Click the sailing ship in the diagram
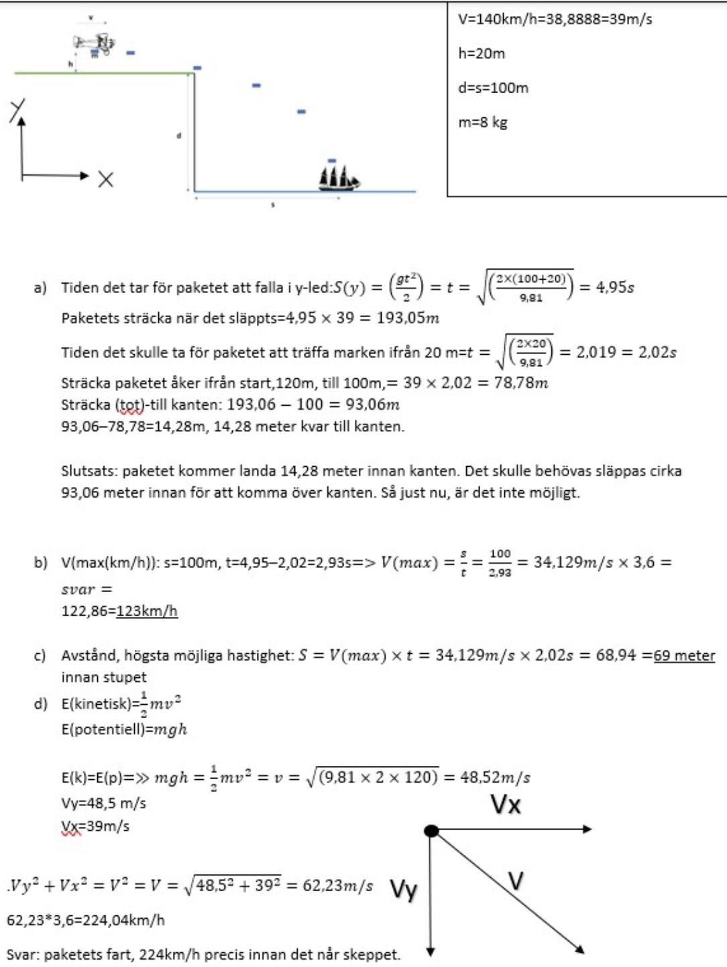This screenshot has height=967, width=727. pyautogui.click(x=339, y=178)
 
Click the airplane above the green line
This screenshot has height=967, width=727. pyautogui.click(x=94, y=43)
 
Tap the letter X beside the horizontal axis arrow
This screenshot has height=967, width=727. pyautogui.click(x=106, y=179)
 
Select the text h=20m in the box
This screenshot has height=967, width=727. pyautogui.click(x=482, y=54)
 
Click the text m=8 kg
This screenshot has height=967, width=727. pyautogui.click(x=483, y=123)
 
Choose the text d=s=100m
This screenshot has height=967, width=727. pyautogui.click(x=493, y=88)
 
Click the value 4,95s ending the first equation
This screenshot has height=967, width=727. pyautogui.click(x=615, y=288)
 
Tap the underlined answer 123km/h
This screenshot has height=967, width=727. pyautogui.click(x=147, y=611)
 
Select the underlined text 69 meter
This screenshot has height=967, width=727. pyautogui.click(x=685, y=655)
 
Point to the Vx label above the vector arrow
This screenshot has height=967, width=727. pyautogui.click(x=505, y=804)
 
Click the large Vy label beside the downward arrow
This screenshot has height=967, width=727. pyautogui.click(x=404, y=890)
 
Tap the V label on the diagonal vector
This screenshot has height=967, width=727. pyautogui.click(x=515, y=880)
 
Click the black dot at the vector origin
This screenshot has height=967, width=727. pyautogui.click(x=432, y=831)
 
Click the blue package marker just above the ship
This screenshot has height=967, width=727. pyautogui.click(x=332, y=161)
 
